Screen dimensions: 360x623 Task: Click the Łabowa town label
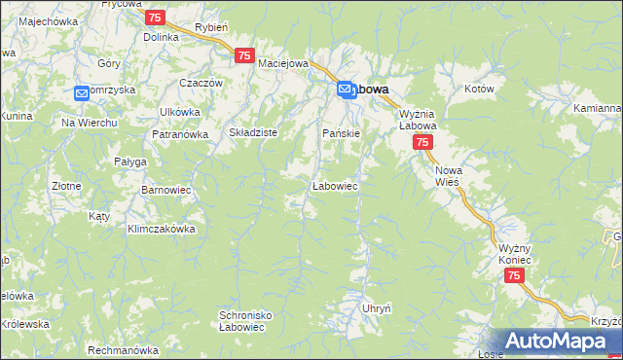click(371, 90)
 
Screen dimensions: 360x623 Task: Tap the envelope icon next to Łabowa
click(346, 90)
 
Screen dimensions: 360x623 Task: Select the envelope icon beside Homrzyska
click(82, 93)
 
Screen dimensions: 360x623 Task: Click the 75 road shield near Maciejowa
click(244, 56)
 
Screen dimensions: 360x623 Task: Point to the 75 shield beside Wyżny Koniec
click(515, 277)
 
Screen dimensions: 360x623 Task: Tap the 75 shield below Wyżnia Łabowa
click(422, 143)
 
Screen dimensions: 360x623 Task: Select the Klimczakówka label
click(162, 230)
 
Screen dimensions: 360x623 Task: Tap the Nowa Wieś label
click(449, 176)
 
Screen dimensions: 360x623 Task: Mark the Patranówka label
click(180, 134)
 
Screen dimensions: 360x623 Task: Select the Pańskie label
click(342, 132)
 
